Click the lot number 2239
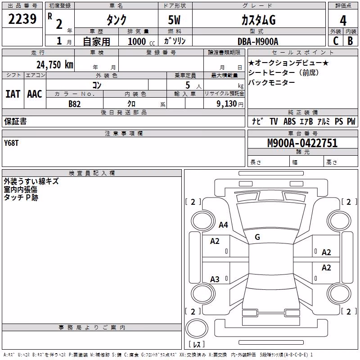pos(22,18)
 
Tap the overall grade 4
pos(343,20)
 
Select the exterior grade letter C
pos(336,40)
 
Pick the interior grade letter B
pos(350,40)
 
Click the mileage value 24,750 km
pos(55,64)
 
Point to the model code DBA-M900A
pos(258,41)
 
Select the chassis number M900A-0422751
pos(302,143)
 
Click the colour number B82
pos(75,104)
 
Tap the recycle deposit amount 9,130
pos(227,104)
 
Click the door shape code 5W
pos(174,20)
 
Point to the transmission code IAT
pos(13,94)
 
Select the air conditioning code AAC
pos(35,94)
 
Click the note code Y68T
pos(11,143)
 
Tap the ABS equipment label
pos(289,121)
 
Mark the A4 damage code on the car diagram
pos(223,225)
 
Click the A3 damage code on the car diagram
pos(215,279)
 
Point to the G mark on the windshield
pos(257,237)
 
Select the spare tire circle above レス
pos(197,328)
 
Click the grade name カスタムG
pos(258,20)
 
